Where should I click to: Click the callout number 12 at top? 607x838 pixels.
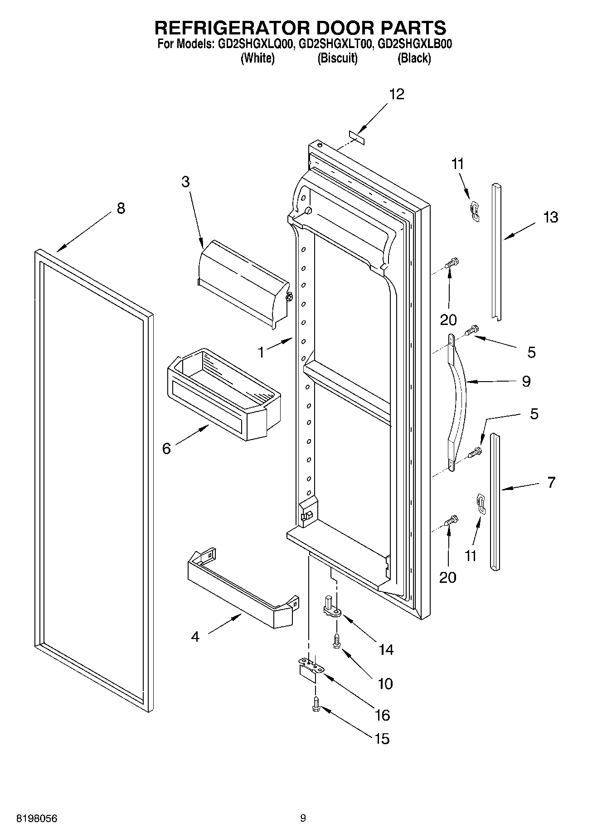click(x=396, y=94)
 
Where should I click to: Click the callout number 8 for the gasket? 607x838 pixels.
click(x=121, y=208)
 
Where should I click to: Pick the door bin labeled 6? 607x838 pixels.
click(x=223, y=395)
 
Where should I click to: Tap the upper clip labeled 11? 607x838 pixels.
click(x=474, y=211)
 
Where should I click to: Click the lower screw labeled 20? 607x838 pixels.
click(x=452, y=521)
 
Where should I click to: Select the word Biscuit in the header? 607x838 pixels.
click(x=337, y=58)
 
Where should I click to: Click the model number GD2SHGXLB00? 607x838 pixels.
click(x=414, y=44)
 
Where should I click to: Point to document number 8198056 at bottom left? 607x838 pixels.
click(x=37, y=818)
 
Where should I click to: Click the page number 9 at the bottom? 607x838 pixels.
click(x=303, y=818)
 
